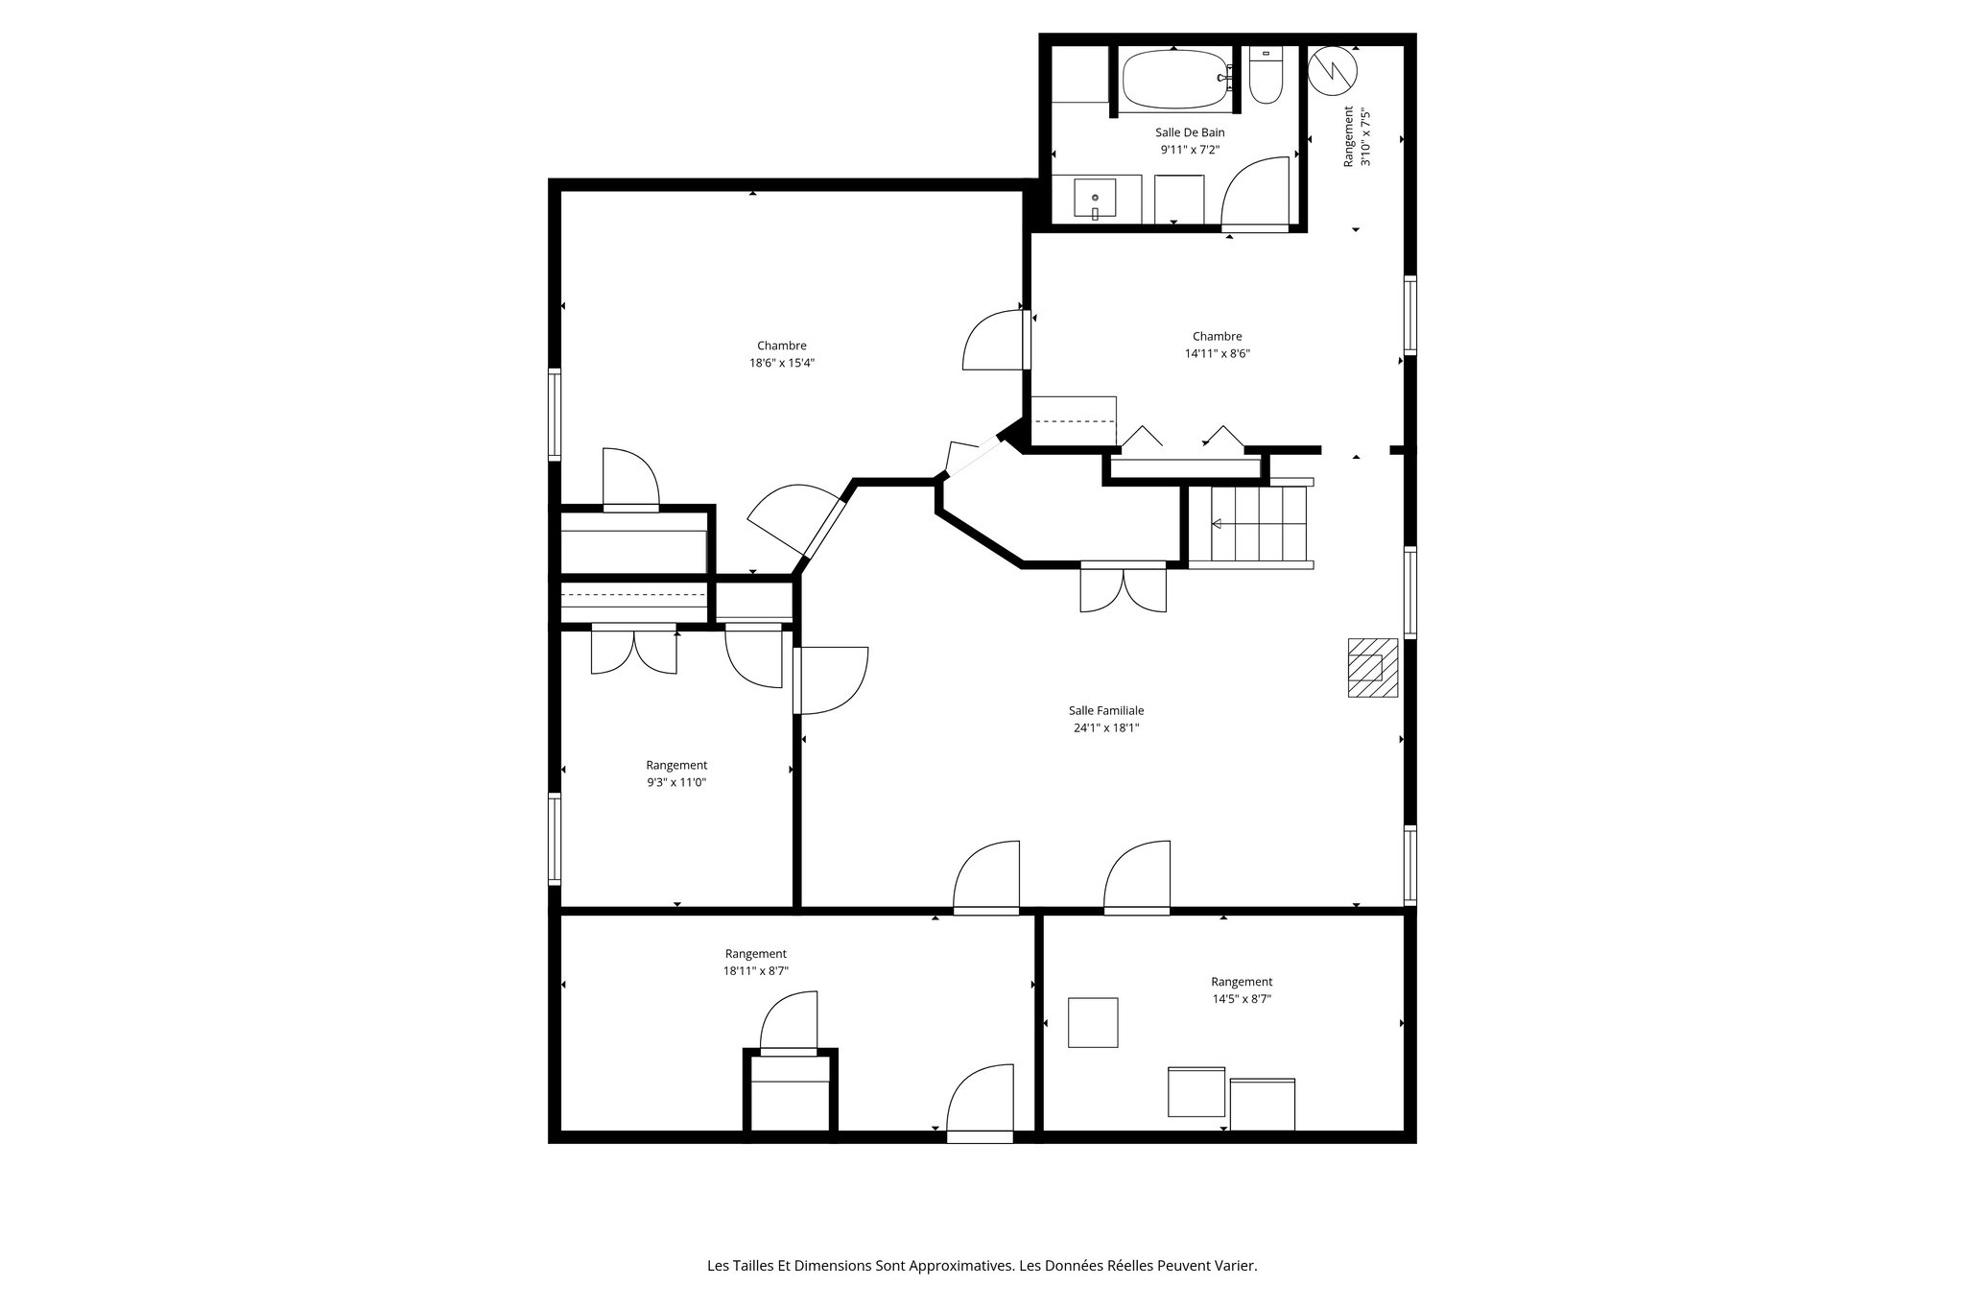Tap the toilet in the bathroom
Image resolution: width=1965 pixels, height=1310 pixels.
(1266, 77)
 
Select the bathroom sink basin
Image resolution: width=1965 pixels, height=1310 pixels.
(1095, 199)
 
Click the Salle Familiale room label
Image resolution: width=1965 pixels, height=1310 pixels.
(1106, 711)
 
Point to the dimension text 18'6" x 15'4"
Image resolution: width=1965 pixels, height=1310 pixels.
(782, 363)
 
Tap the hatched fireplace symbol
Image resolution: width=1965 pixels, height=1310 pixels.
(1372, 667)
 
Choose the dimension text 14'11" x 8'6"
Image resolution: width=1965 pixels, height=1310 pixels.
(1217, 353)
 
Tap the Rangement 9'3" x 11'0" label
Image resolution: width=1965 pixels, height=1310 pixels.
(676, 765)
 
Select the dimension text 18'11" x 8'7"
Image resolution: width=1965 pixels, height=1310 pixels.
(756, 971)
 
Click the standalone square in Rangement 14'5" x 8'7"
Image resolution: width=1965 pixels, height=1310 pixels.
(1093, 1022)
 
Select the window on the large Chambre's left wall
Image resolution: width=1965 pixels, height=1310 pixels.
(555, 415)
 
